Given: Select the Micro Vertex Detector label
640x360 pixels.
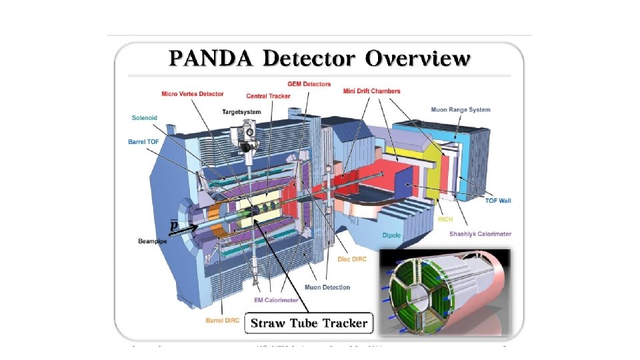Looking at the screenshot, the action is [192, 94].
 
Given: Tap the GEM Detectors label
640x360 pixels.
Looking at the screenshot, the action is [309, 84].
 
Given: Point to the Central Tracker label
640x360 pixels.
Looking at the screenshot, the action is [267, 96].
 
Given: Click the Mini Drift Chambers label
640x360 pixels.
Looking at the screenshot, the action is [372, 91].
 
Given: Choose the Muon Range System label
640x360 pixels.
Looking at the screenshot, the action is [460, 110].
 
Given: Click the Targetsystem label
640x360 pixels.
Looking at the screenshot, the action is [241, 112].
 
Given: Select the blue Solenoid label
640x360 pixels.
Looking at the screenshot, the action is [144, 118].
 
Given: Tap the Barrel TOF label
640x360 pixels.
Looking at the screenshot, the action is [145, 141].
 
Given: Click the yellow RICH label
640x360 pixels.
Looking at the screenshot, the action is [445, 219].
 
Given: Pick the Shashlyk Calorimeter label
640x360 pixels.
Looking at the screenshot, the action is [480, 234].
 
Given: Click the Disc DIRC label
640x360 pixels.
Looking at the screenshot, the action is [353, 259].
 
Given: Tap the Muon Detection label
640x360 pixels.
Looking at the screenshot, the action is [327, 287].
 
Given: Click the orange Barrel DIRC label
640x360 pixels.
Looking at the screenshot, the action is [223, 321].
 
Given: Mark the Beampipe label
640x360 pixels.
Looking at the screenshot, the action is [152, 241].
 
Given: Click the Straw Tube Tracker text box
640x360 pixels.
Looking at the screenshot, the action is [309, 323].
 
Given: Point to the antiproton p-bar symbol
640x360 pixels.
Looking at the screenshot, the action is [173, 225].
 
